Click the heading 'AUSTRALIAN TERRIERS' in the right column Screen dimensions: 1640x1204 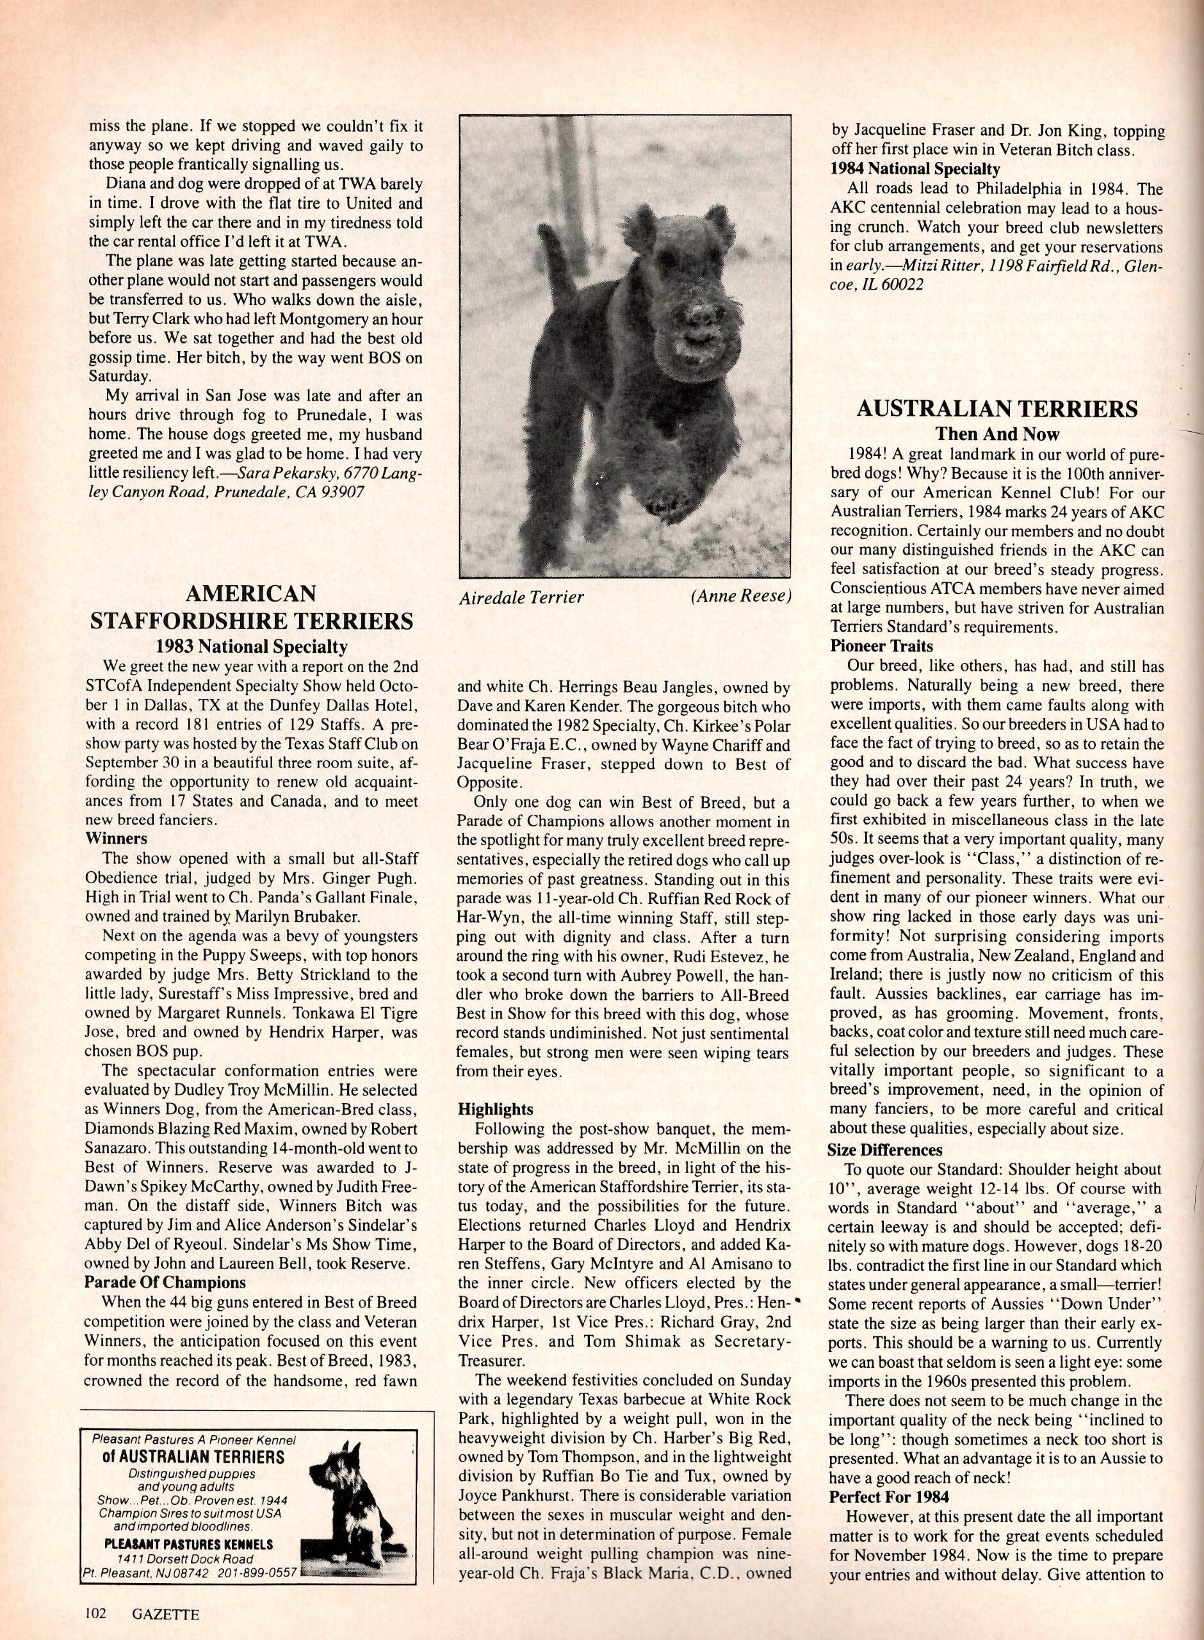(997, 409)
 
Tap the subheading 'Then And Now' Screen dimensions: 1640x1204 (997, 434)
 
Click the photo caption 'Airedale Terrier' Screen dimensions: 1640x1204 (521, 598)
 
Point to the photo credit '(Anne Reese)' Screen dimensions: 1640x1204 (739, 596)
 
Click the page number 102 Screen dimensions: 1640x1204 (94, 1613)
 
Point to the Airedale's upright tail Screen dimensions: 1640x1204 (559, 270)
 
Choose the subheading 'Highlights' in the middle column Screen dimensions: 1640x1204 (495, 1110)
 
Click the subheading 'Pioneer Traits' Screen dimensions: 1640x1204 (881, 646)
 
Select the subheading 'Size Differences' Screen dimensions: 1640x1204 (885, 1150)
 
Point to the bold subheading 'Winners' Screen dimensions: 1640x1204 (116, 838)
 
